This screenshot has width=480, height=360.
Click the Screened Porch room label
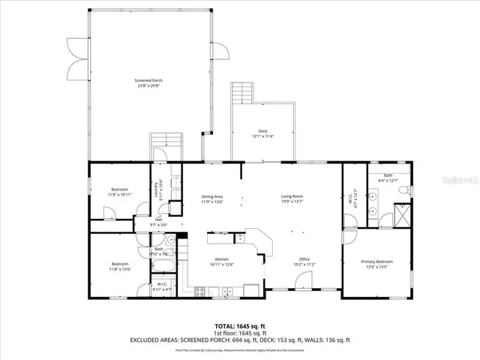148,80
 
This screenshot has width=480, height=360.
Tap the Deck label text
262,130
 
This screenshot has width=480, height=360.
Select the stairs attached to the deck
242,93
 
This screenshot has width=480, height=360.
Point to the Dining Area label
212,196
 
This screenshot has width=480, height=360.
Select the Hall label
158,220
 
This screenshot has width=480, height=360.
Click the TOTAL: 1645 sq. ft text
240,326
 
